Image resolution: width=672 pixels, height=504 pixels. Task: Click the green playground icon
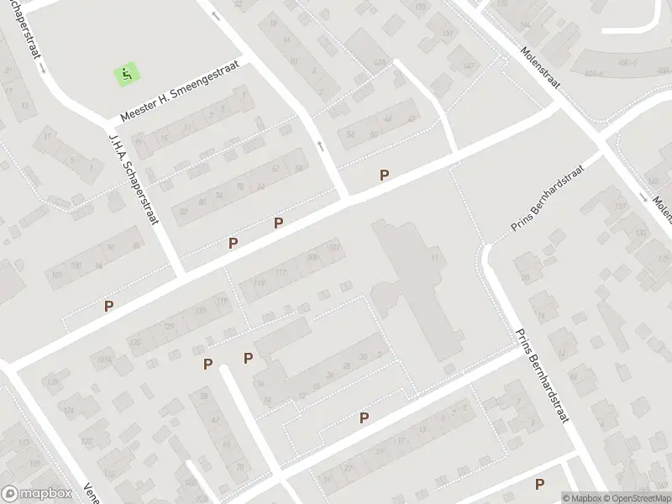click(126, 74)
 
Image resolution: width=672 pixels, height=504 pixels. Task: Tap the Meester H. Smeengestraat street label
click(180, 89)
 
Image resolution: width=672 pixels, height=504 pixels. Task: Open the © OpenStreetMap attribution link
click(636, 498)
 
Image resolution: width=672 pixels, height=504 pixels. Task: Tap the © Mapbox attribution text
click(582, 498)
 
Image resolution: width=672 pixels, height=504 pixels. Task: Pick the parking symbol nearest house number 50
click(385, 175)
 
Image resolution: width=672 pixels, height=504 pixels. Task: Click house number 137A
click(104, 359)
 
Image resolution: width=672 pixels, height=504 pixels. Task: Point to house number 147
click(469, 65)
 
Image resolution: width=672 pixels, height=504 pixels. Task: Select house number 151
click(447, 34)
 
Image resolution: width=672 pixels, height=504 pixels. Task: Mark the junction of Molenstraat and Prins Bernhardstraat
click(602, 144)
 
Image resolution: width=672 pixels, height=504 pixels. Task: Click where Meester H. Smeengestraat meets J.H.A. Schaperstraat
click(109, 123)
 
